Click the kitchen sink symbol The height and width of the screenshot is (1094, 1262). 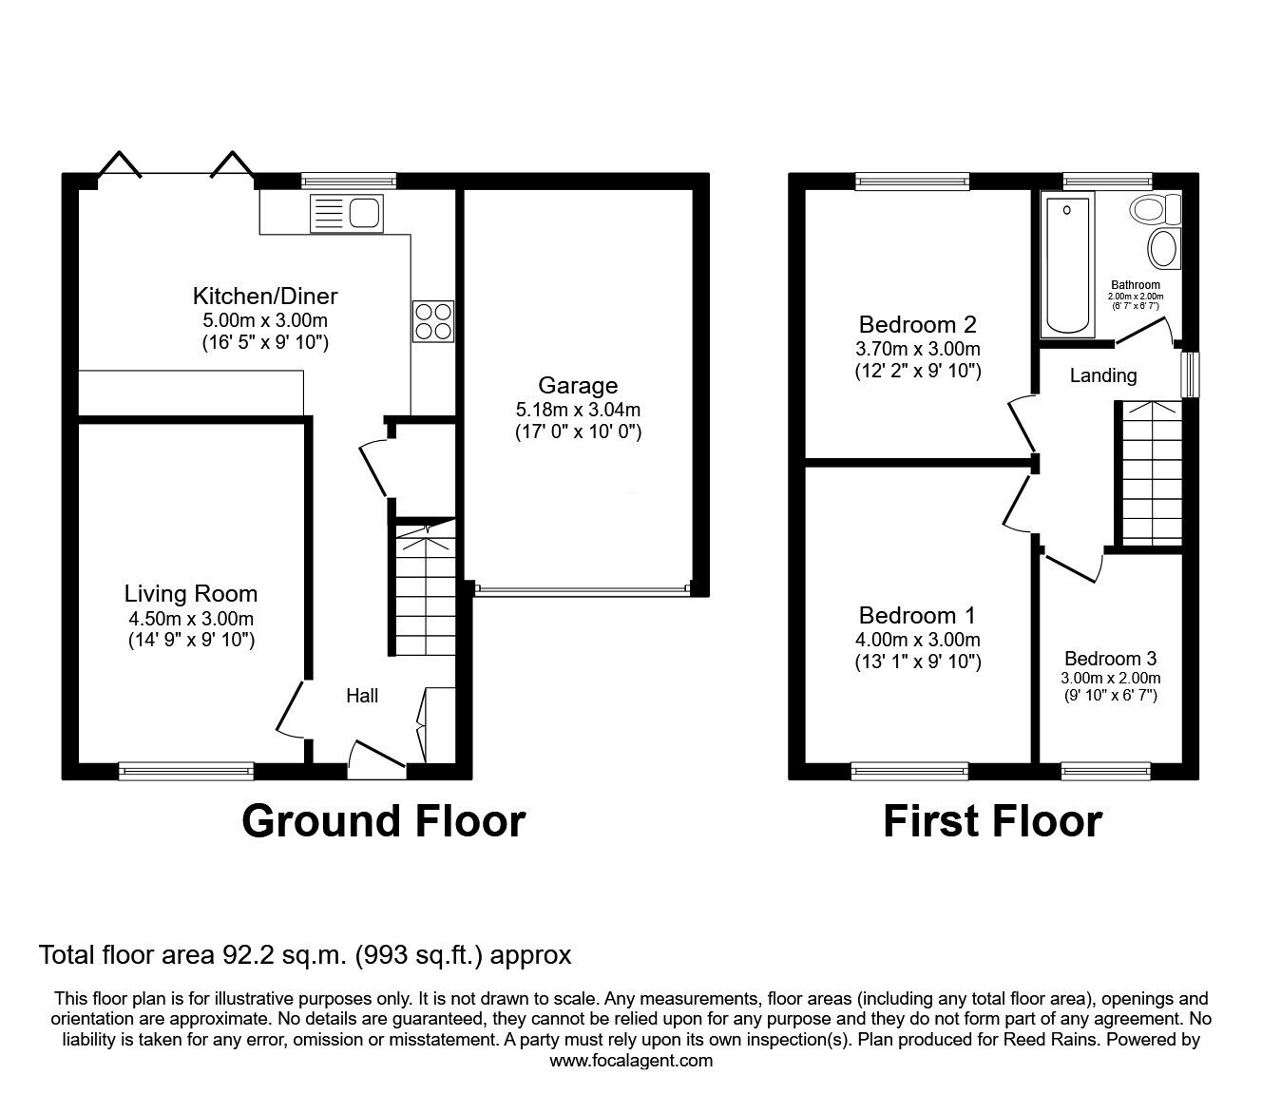[x=346, y=213]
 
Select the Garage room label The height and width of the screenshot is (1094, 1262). [x=578, y=385]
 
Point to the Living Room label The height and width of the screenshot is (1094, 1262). [x=191, y=594]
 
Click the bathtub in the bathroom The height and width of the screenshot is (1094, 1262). [x=1068, y=264]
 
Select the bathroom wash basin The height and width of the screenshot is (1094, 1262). [x=1162, y=249]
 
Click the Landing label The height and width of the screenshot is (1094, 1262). [x=1102, y=375]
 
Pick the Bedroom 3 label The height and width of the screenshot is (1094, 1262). [x=1110, y=659]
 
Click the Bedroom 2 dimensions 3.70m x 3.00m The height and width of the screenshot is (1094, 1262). [x=917, y=349]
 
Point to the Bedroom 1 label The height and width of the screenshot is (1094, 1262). [x=917, y=616]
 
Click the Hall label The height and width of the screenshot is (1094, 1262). [x=361, y=696]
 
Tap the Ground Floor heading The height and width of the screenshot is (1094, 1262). [x=383, y=821]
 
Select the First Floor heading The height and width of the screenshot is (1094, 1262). [x=992, y=821]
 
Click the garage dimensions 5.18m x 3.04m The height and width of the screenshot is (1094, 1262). [x=578, y=410]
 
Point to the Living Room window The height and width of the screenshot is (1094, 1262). [x=186, y=771]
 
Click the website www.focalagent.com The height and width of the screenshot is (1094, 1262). [x=631, y=1061]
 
